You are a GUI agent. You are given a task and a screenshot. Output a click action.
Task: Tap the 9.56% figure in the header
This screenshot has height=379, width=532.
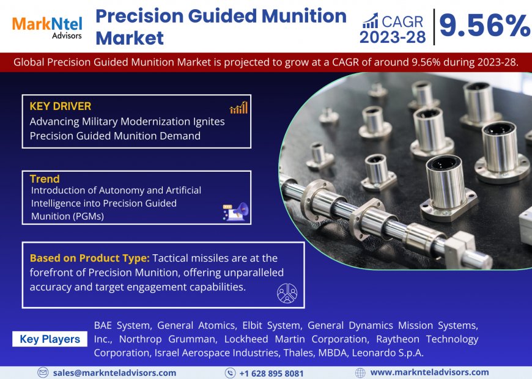point(484,26)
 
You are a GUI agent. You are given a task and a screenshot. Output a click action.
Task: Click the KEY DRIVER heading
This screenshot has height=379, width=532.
point(60,106)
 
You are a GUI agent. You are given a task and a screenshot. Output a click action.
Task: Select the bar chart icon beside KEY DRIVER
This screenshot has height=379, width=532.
point(238,108)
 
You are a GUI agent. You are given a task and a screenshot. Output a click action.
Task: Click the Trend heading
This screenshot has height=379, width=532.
point(45,179)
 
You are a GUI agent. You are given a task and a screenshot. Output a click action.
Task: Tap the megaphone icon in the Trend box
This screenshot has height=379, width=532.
point(235,212)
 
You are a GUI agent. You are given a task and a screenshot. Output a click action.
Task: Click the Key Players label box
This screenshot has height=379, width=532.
point(50,339)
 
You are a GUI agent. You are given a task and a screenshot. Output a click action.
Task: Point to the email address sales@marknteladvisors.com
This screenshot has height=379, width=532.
point(114,372)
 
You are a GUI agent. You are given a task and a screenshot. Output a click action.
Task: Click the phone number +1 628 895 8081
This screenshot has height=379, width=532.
point(272,373)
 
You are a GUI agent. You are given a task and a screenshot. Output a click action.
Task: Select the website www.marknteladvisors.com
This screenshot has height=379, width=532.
point(429,372)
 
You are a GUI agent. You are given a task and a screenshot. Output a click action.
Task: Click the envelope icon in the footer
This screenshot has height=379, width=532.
point(43,372)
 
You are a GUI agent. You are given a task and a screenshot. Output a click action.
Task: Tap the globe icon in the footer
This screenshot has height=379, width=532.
point(360,372)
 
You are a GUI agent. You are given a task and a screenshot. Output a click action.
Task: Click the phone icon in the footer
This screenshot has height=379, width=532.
point(230,373)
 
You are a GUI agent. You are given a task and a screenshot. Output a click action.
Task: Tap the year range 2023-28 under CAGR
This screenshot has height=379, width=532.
point(393,37)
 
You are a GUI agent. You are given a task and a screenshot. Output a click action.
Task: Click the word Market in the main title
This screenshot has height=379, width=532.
point(130,39)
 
